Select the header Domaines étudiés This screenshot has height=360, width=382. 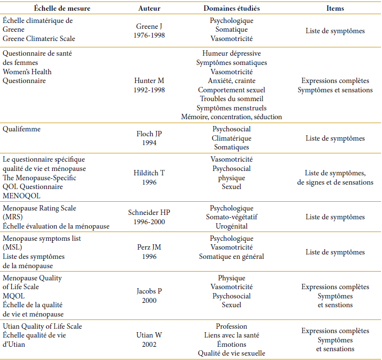(231, 8)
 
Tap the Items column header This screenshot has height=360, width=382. (335, 8)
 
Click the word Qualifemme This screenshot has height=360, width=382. (22, 130)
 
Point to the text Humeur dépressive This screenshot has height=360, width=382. (231, 54)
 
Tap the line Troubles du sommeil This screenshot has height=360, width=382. (231, 98)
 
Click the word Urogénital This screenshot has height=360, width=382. (231, 226)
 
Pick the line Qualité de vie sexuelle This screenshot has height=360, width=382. (231, 353)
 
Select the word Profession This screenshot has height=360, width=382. (231, 326)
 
